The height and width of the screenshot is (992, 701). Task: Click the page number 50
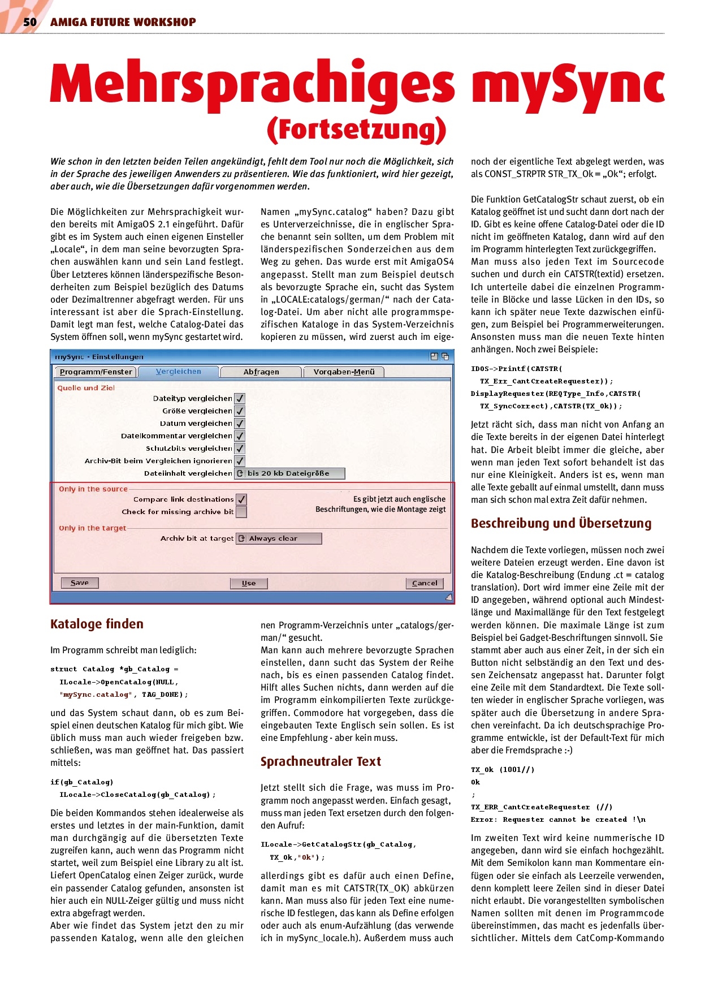pyautogui.click(x=29, y=22)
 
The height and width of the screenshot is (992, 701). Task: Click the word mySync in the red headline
pyautogui.click(x=568, y=86)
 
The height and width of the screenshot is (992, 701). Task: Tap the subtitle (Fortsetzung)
pyautogui.click(x=357, y=130)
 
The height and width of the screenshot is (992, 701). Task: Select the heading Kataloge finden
pyautogui.click(x=97, y=624)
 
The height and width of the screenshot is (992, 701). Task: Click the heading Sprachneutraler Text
pyautogui.click(x=321, y=761)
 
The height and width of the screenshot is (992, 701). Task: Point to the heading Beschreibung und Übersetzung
pyautogui.click(x=561, y=523)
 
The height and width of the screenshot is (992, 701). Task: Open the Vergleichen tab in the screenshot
pyautogui.click(x=179, y=372)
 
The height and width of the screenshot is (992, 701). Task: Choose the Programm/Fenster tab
pyautogui.click(x=96, y=372)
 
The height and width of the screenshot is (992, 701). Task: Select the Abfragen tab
pyautogui.click(x=261, y=372)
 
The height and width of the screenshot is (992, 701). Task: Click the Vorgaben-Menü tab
pyautogui.click(x=344, y=372)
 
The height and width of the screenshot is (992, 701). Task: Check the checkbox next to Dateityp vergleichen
pyautogui.click(x=240, y=399)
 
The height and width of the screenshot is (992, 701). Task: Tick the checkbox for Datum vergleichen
pyautogui.click(x=240, y=424)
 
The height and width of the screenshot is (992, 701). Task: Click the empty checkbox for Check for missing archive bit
pyautogui.click(x=241, y=512)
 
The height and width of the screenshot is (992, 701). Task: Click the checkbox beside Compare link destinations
pyautogui.click(x=241, y=499)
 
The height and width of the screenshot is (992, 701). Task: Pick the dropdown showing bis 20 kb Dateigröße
pyautogui.click(x=289, y=473)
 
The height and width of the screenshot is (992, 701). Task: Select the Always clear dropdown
pyautogui.click(x=279, y=538)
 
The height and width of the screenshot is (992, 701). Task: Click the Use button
pyautogui.click(x=249, y=583)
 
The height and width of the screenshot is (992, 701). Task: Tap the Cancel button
pyautogui.click(x=425, y=583)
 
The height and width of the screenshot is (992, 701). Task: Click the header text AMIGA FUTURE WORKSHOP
pyautogui.click(x=123, y=22)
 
